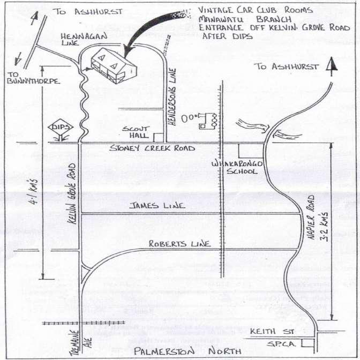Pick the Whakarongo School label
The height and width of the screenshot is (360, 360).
point(235,166)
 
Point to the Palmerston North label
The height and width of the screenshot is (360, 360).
point(177,351)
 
